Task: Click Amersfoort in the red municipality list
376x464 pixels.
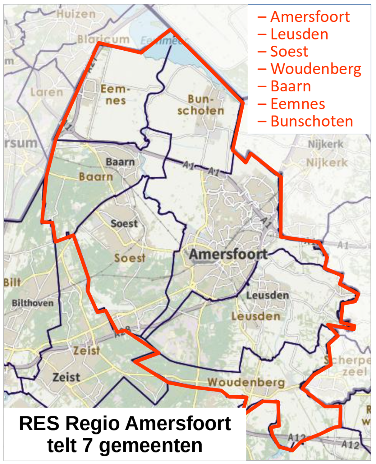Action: (x=310, y=17)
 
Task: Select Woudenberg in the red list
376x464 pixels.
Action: (x=316, y=69)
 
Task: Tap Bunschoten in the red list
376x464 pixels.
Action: (x=312, y=121)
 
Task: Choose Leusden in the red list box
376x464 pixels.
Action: (x=299, y=35)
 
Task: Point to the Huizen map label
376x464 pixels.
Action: (x=76, y=15)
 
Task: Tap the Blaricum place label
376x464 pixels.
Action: (x=103, y=39)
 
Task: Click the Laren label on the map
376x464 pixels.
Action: (x=47, y=92)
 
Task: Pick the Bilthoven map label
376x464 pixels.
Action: (x=33, y=303)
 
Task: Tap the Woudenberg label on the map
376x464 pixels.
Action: (x=246, y=383)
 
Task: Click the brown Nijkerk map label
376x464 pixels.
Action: (x=327, y=163)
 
